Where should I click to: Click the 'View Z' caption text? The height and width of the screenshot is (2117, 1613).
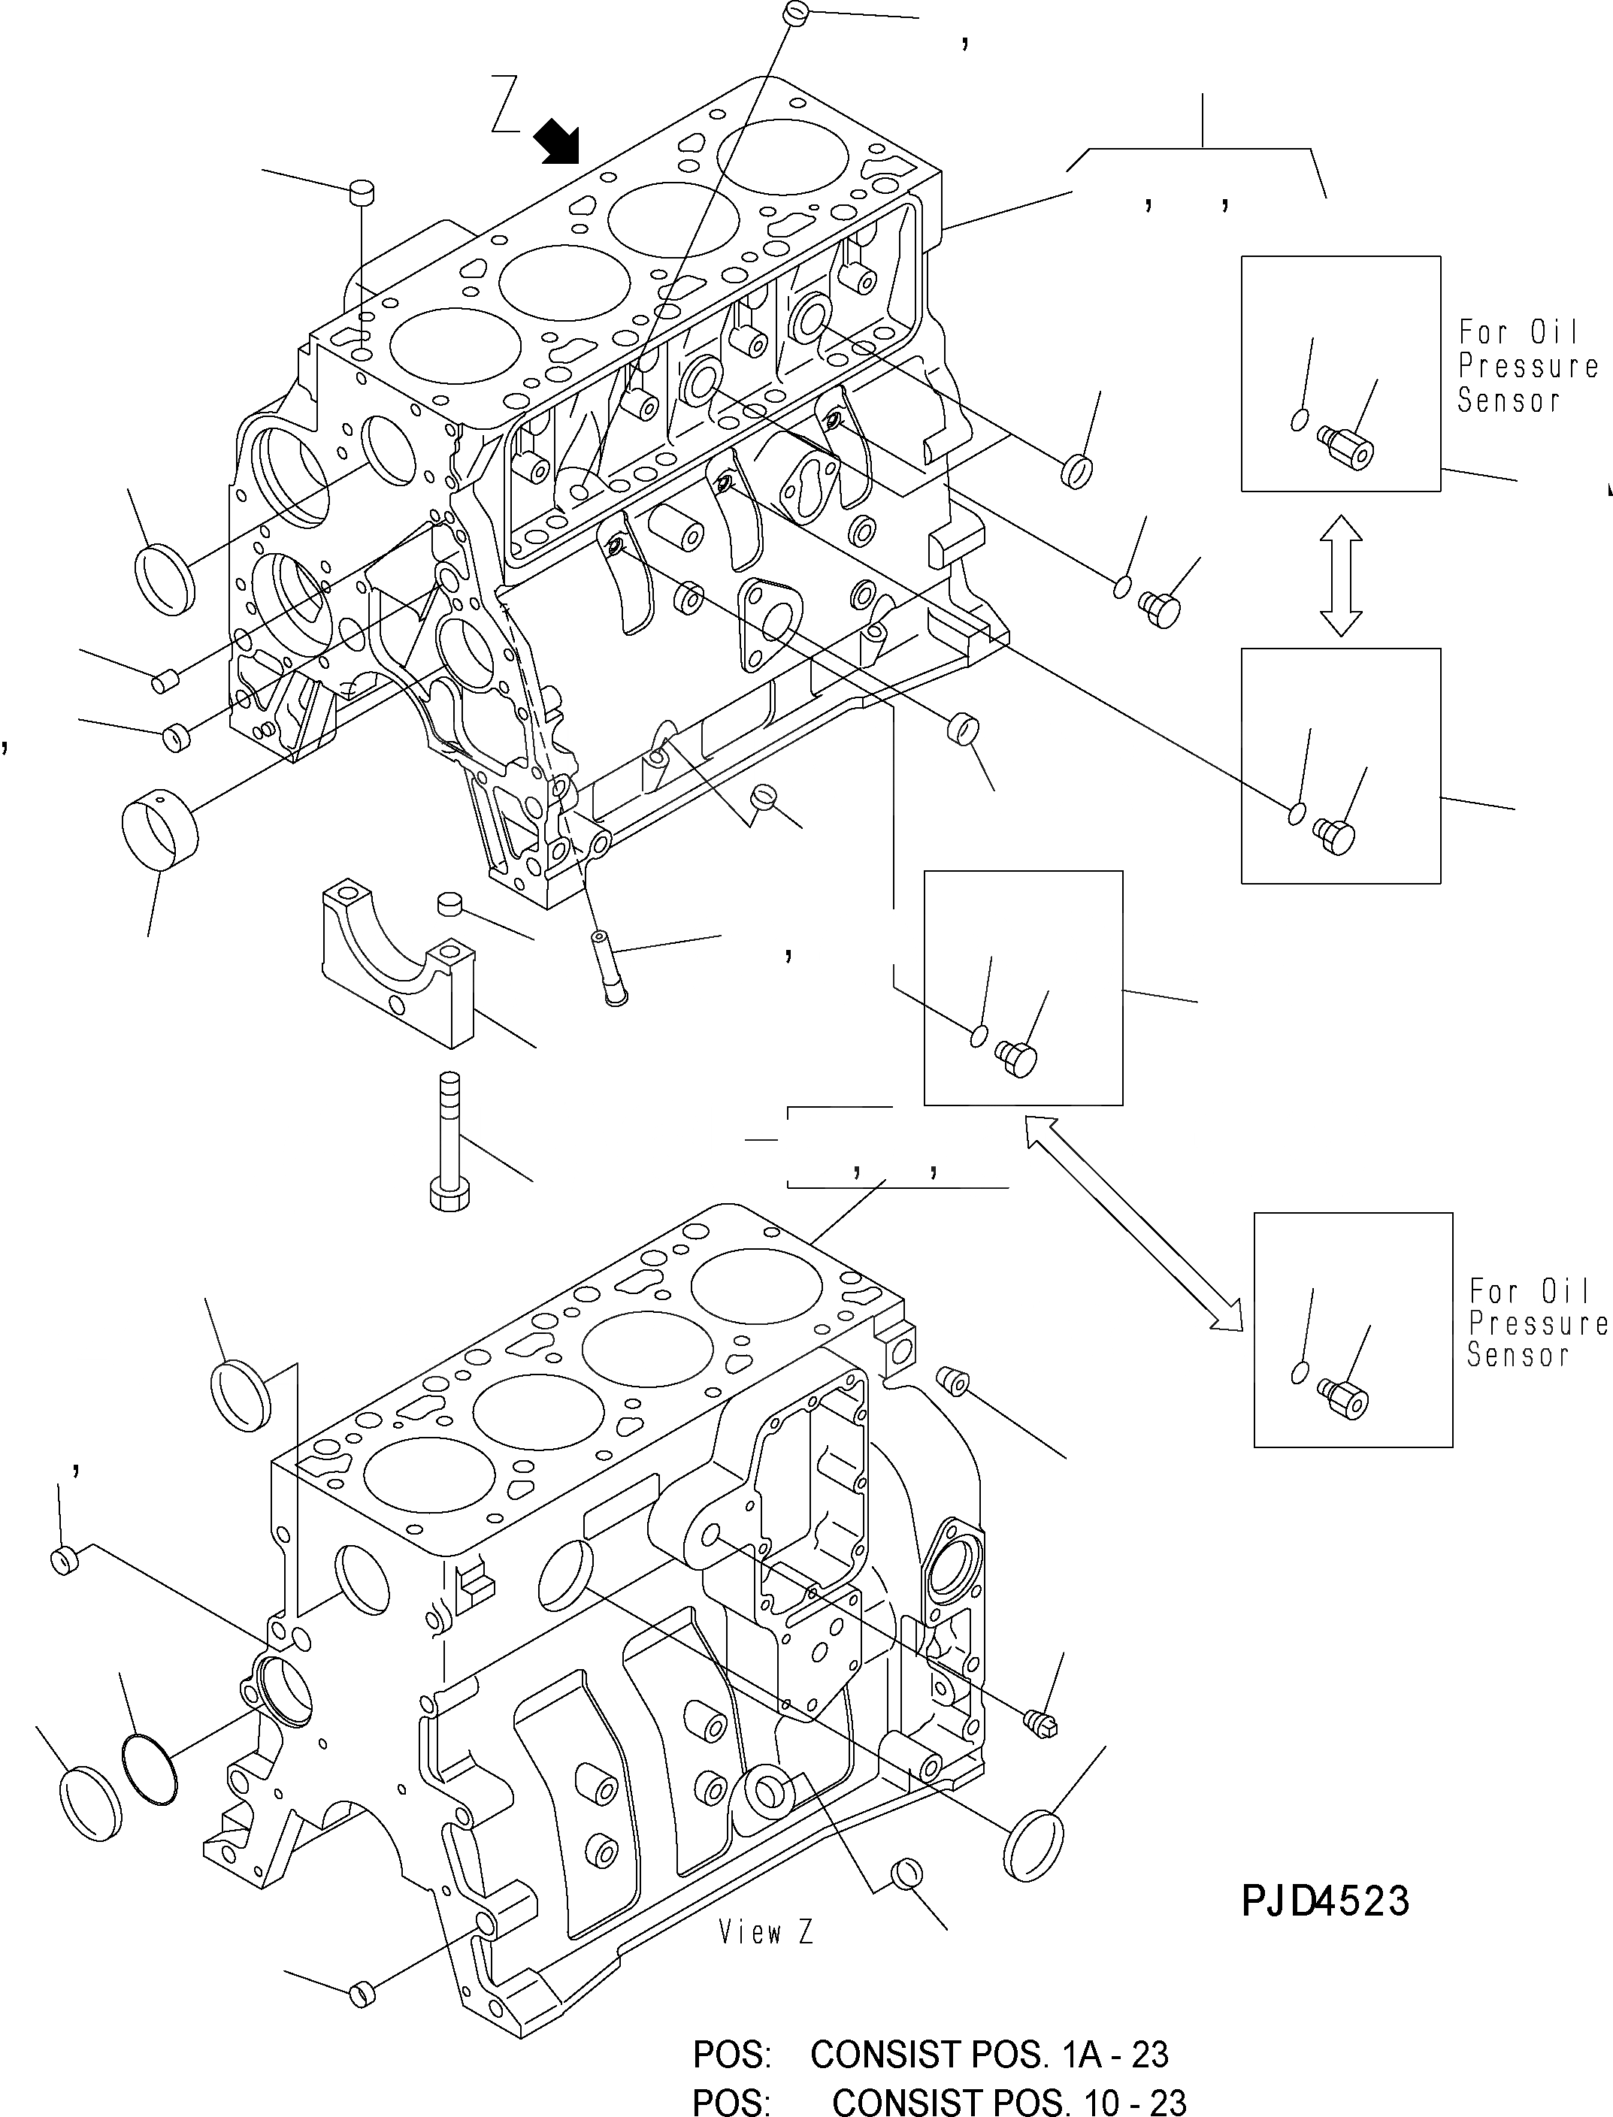[x=765, y=1931]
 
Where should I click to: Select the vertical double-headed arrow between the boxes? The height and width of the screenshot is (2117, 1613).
[x=1340, y=575]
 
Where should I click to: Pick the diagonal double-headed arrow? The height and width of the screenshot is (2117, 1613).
[x=1133, y=1223]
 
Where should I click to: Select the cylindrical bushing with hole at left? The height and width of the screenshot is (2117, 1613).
[x=159, y=827]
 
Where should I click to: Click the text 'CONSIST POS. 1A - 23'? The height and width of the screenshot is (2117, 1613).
[x=989, y=2054]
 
